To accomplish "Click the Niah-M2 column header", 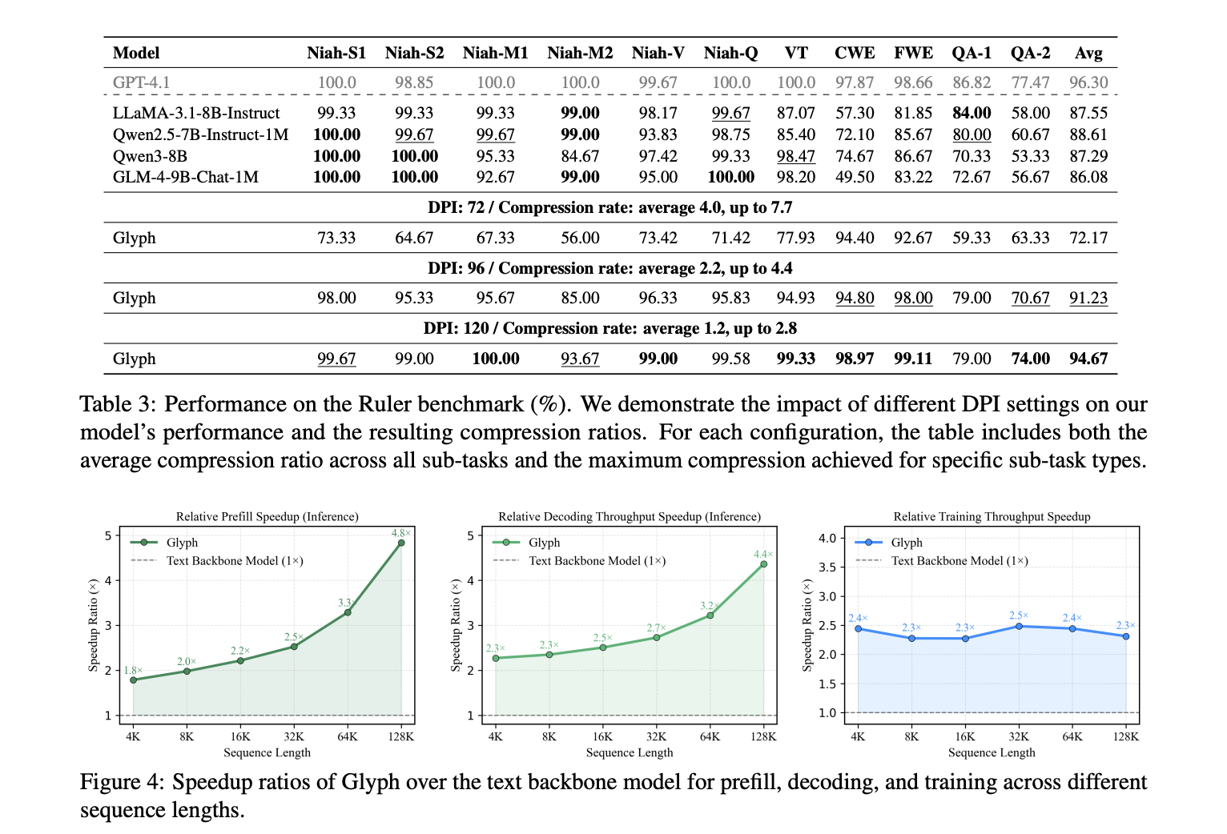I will click(580, 53).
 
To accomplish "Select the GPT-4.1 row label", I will click(141, 82).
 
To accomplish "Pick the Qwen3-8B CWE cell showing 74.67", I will click(855, 156).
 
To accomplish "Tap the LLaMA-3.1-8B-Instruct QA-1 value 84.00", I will click(972, 113).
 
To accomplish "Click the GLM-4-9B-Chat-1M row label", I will click(185, 177).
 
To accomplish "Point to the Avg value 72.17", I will click(1088, 238).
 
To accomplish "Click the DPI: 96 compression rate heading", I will click(609, 268).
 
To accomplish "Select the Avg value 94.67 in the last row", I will click(1088, 359).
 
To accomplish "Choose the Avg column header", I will click(1088, 53).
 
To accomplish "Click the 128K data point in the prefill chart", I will click(401, 543).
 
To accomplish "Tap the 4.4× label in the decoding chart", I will click(763, 554).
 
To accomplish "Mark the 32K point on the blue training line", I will click(1019, 626).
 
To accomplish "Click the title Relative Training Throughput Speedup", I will click(992, 516).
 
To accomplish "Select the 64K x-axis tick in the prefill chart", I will click(348, 736).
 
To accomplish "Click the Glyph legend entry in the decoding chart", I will click(544, 543).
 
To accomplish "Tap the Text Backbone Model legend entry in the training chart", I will click(959, 560).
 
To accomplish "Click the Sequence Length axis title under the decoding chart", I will click(630, 752).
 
